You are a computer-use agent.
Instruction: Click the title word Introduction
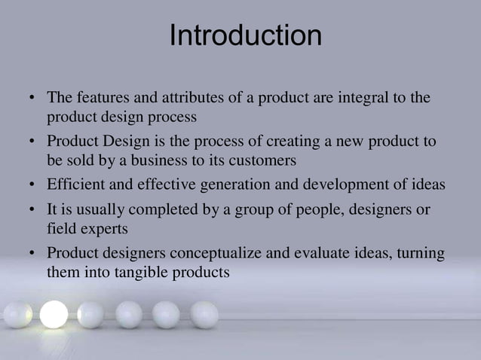[x=245, y=35]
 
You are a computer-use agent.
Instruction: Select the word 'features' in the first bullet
[x=100, y=99]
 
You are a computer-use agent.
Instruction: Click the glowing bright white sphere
[x=54, y=314]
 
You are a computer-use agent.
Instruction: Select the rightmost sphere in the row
[x=204, y=314]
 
